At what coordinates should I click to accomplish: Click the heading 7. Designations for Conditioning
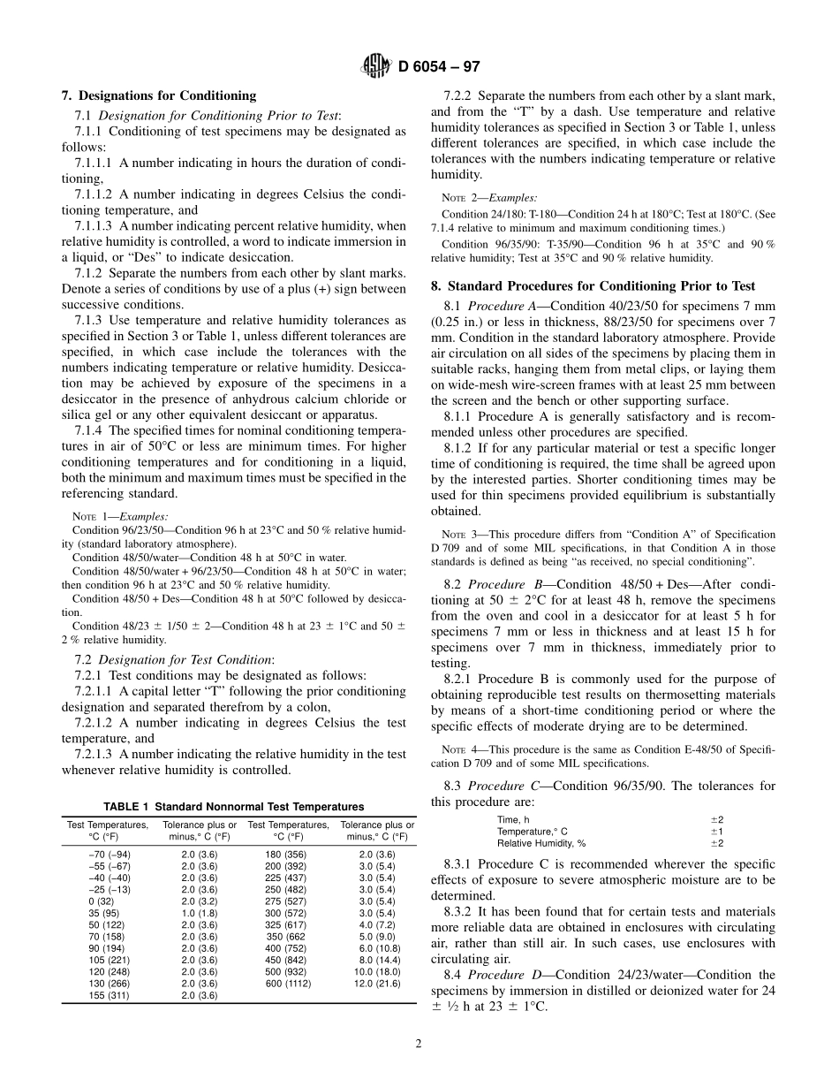(x=159, y=95)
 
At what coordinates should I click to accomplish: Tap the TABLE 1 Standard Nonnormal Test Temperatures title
(x=234, y=807)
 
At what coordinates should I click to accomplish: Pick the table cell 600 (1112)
(x=288, y=983)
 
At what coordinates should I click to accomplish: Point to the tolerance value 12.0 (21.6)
(x=377, y=983)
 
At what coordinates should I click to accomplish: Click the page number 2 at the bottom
(x=419, y=1044)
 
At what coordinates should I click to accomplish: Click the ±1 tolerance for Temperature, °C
(x=716, y=832)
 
